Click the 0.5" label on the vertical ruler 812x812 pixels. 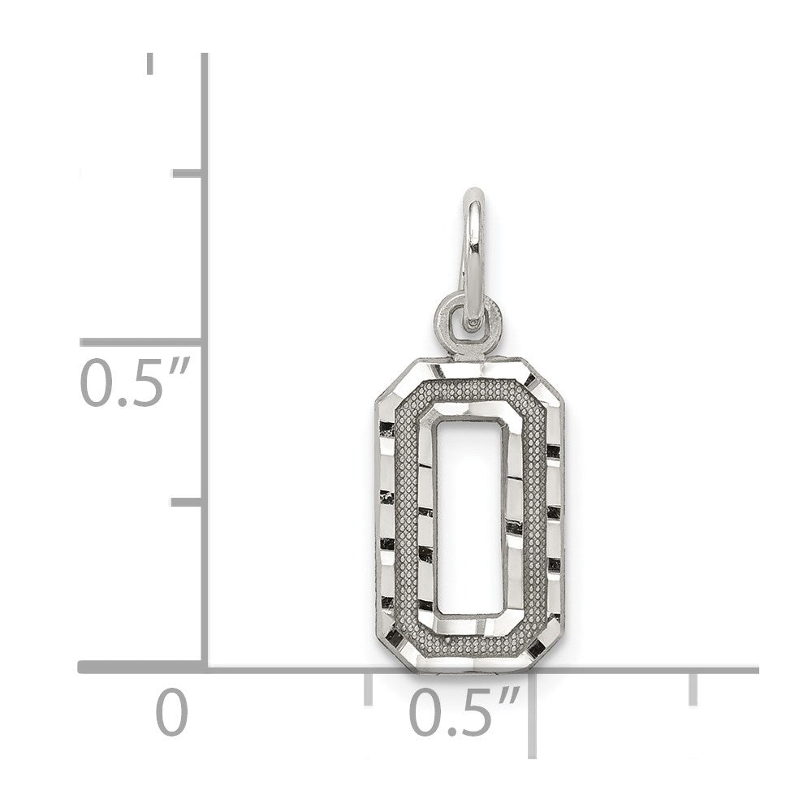pos(133,382)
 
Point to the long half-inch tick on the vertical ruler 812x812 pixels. pos(140,343)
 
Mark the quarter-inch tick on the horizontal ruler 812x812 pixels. pos(368,689)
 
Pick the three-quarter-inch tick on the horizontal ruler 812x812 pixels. pos(693,689)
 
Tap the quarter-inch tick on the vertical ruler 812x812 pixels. pos(187,503)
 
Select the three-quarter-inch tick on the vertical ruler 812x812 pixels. pos(187,173)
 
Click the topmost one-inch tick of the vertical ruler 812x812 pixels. pos(150,63)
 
